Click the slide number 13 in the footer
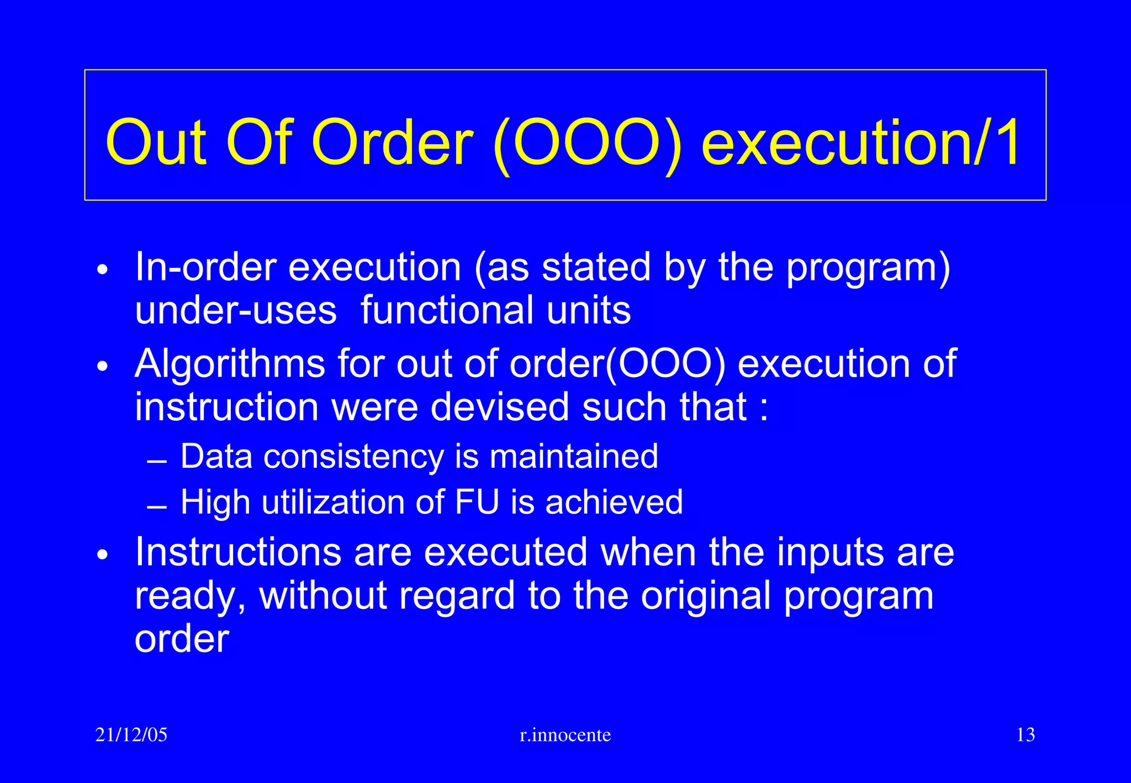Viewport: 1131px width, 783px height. (1025, 735)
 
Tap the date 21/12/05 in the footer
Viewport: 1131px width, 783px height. (131, 735)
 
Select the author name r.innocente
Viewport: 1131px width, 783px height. (565, 735)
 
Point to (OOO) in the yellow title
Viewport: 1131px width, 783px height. (587, 144)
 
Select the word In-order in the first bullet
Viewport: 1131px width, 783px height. (205, 267)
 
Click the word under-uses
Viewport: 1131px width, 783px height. (236, 310)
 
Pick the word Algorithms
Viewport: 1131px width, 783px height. (230, 364)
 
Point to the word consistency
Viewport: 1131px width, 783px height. (353, 457)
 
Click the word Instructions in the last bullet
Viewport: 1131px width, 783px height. (238, 552)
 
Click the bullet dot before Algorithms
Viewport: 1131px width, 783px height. (102, 367)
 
